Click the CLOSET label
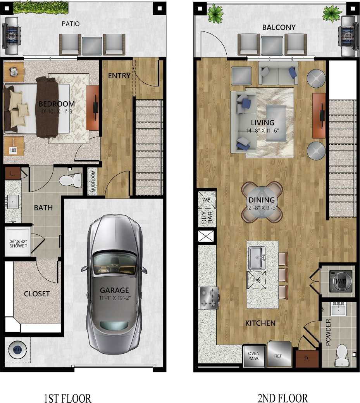[x=37, y=294]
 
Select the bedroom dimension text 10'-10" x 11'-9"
[x=57, y=111]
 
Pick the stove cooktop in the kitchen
[x=208, y=298]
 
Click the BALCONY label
[x=279, y=28]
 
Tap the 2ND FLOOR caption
[x=282, y=398]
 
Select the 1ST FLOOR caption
[x=68, y=398]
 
